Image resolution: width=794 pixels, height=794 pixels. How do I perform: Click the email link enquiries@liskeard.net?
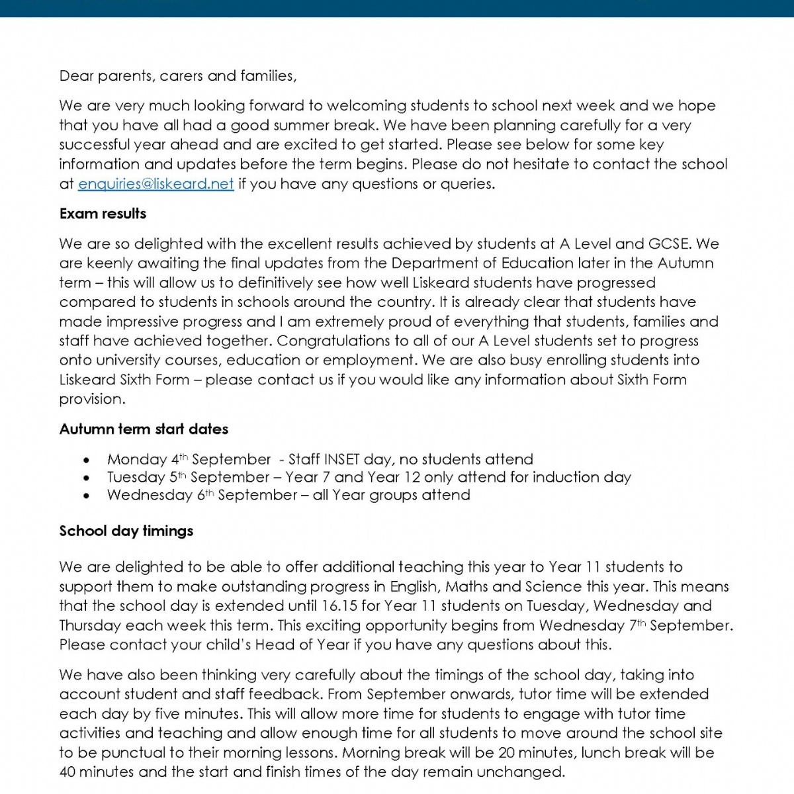tap(155, 184)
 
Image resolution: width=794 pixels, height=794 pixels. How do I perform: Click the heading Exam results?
tap(103, 214)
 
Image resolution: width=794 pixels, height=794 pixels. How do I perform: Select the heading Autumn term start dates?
tap(144, 429)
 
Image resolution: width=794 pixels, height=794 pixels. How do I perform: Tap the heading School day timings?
tap(126, 531)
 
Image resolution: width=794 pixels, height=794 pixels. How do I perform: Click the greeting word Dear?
tap(76, 76)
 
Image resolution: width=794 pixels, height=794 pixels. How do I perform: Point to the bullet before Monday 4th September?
tap(87, 460)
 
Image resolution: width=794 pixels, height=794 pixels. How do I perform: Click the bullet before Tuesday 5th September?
tap(87, 478)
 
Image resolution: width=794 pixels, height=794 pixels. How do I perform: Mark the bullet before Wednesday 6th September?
tap(87, 496)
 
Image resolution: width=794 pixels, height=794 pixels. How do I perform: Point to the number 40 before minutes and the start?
tap(68, 772)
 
